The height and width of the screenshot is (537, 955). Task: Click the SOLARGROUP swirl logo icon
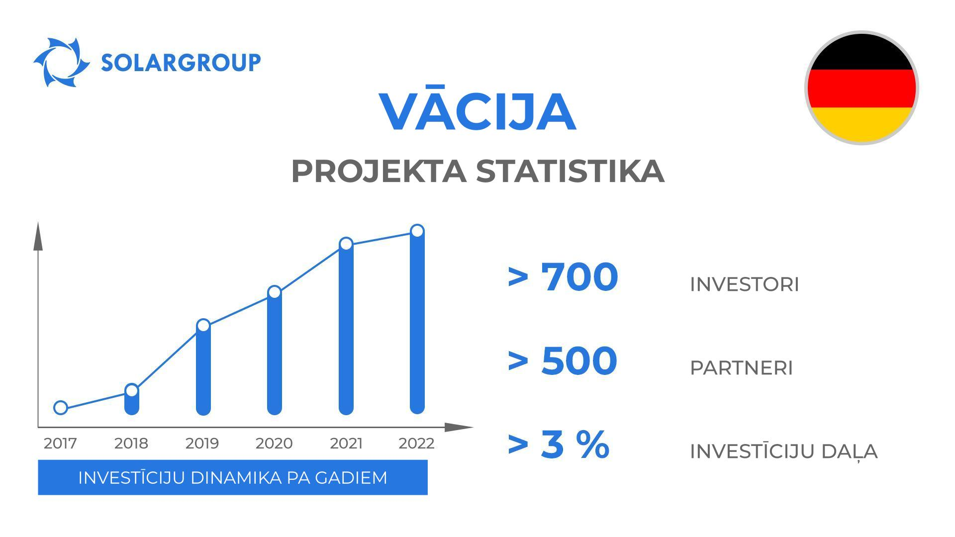point(61,63)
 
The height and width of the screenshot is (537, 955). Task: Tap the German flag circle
point(861,88)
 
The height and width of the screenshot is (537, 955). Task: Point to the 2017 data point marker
point(61,408)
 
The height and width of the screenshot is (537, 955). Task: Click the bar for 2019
point(203,370)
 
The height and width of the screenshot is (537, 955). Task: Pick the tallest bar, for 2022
point(417,323)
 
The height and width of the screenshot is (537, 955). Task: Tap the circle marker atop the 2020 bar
point(275,292)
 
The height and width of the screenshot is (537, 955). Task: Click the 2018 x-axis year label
point(131,443)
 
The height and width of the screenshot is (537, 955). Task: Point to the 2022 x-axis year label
point(416,443)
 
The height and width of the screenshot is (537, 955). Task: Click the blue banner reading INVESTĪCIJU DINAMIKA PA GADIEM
point(233,477)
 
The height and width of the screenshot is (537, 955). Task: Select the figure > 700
point(563,277)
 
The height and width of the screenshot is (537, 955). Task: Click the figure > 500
point(563,360)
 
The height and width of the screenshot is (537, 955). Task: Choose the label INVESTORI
point(744,284)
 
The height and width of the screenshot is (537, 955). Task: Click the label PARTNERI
point(741,368)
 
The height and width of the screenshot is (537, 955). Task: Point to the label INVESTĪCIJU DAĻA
point(783,451)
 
